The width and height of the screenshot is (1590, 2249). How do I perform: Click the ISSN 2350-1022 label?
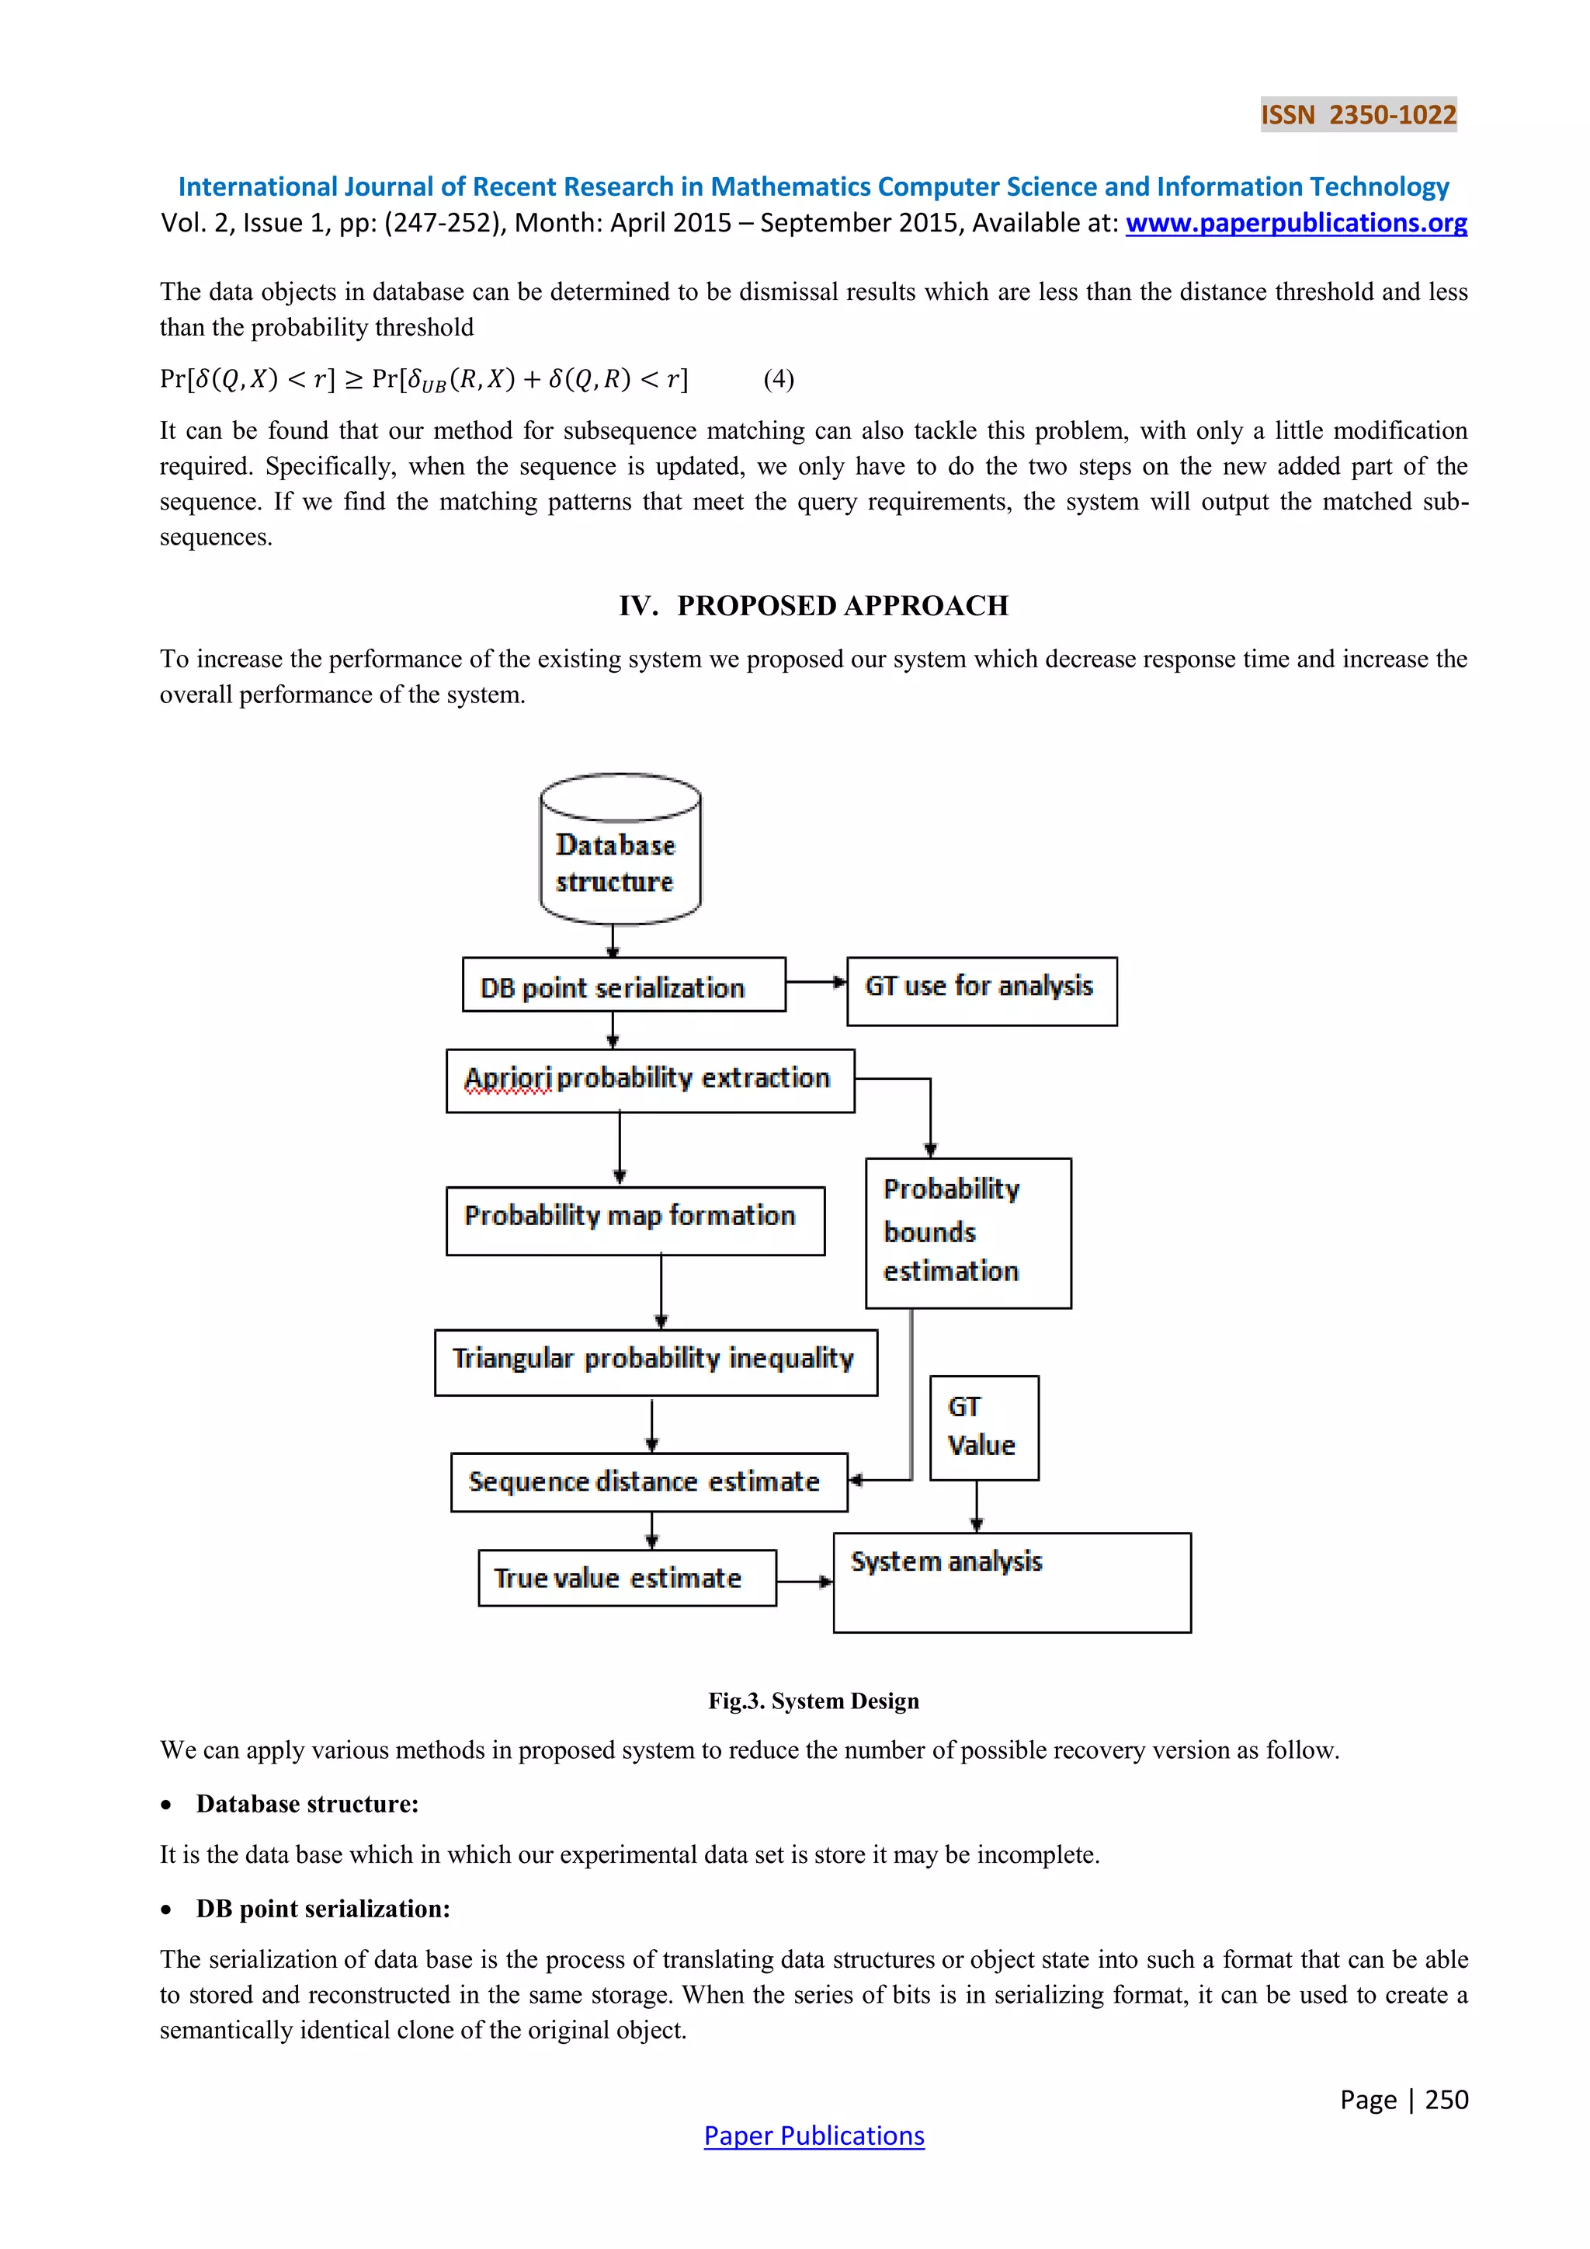click(1358, 115)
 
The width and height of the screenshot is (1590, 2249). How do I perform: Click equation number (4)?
click(779, 379)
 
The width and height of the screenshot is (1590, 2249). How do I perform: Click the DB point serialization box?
click(623, 985)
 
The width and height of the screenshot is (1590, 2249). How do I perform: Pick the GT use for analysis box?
click(981, 991)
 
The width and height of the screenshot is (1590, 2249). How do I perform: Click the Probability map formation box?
click(634, 1220)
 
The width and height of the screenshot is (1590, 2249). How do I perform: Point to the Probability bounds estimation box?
click(968, 1233)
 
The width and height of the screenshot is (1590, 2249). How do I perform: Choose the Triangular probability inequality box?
click(655, 1362)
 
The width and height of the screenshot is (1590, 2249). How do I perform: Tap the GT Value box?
click(983, 1427)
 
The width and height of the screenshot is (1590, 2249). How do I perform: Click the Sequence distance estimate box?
click(648, 1482)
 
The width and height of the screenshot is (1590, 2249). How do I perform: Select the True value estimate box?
click(627, 1578)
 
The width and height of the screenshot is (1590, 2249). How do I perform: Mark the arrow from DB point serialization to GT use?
click(815, 981)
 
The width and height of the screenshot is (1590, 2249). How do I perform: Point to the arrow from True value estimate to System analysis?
click(804, 1581)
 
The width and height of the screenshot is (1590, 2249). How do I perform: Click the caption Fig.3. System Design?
click(814, 1701)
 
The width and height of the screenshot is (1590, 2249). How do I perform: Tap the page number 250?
click(1446, 2099)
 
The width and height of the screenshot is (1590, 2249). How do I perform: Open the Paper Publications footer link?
click(814, 2136)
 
